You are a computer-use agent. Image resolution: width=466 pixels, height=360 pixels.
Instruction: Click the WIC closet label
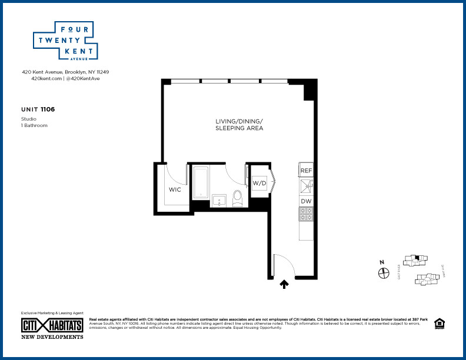[175, 189]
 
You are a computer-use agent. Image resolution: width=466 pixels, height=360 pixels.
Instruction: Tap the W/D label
[259, 184]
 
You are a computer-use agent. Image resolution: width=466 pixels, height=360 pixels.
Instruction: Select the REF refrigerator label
[306, 171]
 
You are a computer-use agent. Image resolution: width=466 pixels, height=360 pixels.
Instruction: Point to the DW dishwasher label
[306, 201]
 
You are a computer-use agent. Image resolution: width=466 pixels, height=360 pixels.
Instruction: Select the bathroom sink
[219, 200]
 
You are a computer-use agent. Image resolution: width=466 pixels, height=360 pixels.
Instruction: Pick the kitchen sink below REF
[306, 186]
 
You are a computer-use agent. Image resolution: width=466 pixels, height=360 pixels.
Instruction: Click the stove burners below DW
[306, 215]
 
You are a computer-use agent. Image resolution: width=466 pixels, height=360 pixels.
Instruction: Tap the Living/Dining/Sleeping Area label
[239, 124]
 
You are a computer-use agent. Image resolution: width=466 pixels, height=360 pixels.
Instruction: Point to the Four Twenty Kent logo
[64, 41]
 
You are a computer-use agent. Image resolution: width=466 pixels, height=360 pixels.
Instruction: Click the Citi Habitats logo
[52, 326]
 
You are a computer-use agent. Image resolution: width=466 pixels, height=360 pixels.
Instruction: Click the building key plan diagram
[421, 270]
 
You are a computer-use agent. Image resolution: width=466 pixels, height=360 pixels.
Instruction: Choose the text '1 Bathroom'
[34, 125]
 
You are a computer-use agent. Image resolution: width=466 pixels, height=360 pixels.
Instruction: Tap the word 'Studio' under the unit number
[28, 119]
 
